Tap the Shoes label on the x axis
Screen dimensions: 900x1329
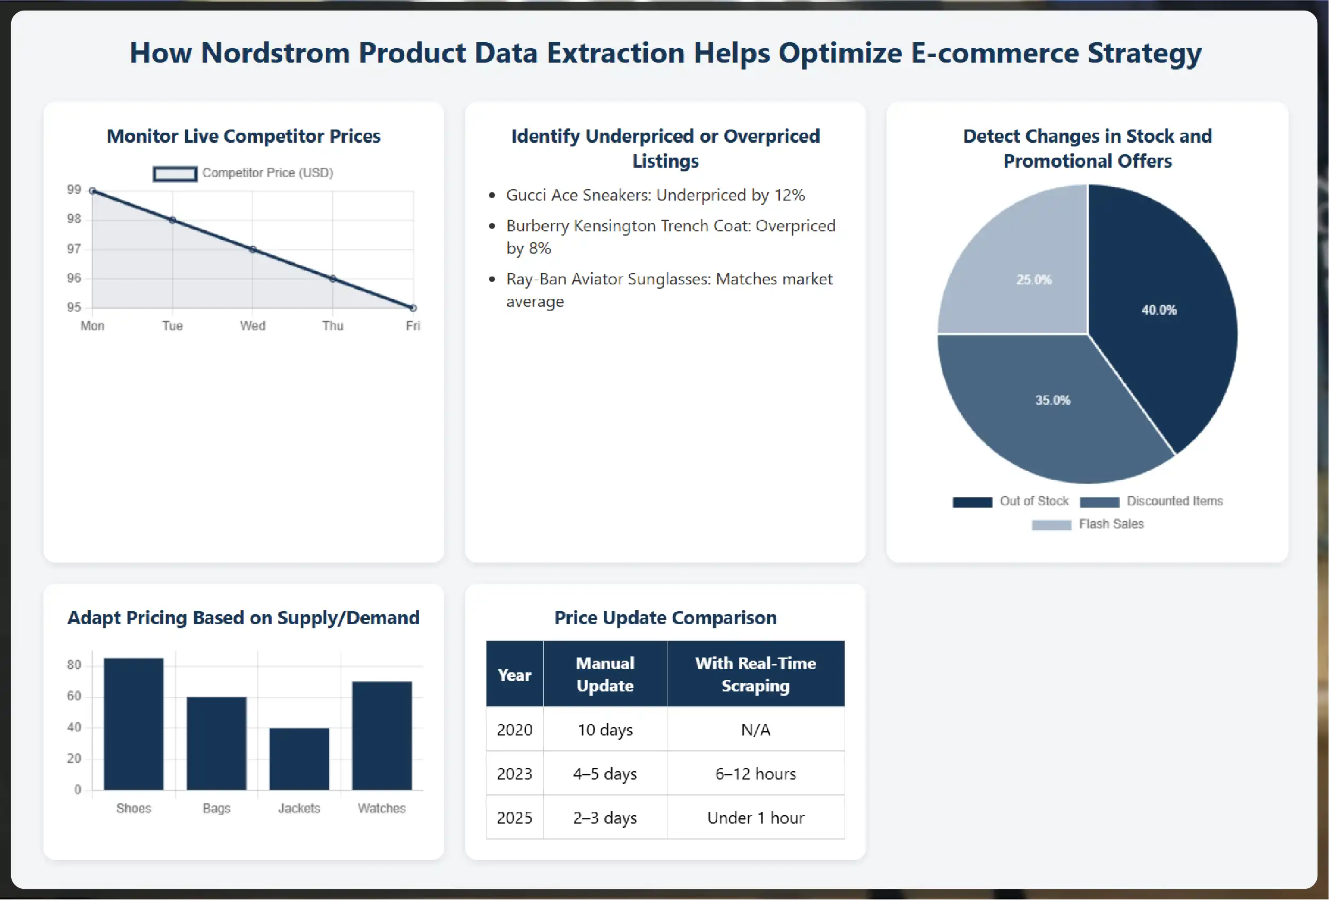pyautogui.click(x=133, y=808)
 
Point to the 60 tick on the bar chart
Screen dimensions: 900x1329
pyautogui.click(x=74, y=696)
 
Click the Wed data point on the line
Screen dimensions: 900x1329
pyautogui.click(x=253, y=249)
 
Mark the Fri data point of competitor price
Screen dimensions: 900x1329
pyautogui.click(x=413, y=308)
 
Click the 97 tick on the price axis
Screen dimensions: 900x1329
pyautogui.click(x=74, y=249)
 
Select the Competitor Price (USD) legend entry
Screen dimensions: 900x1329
pyautogui.click(x=243, y=173)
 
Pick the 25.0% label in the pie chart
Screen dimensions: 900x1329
pyautogui.click(x=1033, y=280)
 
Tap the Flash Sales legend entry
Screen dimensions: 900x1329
pyautogui.click(x=1088, y=524)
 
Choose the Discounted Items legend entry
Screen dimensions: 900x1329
pyautogui.click(x=1151, y=501)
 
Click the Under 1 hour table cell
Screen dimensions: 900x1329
pyautogui.click(x=755, y=818)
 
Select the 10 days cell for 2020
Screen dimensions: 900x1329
pyautogui.click(x=604, y=730)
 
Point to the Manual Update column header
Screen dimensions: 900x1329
pyautogui.click(x=604, y=674)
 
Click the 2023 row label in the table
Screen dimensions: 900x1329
pyautogui.click(x=514, y=774)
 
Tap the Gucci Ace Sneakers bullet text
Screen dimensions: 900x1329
pyautogui.click(x=655, y=195)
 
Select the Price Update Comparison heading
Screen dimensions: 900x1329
pyautogui.click(x=665, y=617)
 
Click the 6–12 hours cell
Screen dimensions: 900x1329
pyautogui.click(x=755, y=774)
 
